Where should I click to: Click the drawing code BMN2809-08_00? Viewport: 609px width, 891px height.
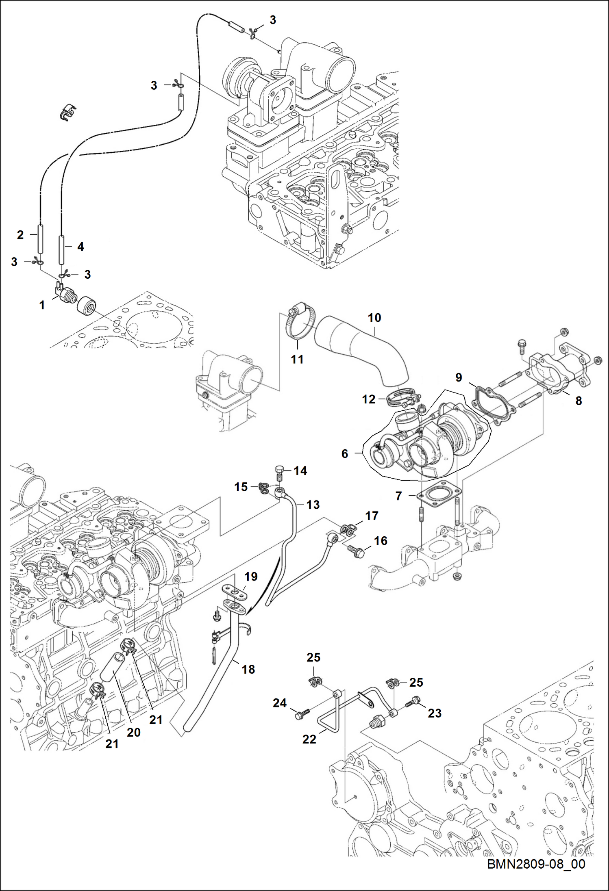pos(536,864)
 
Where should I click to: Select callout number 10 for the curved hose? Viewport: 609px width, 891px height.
pos(374,318)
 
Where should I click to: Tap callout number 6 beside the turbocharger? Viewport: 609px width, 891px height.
pos(345,453)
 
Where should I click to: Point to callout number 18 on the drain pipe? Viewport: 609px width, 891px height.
pos(248,669)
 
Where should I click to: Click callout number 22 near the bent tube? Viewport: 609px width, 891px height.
pos(309,739)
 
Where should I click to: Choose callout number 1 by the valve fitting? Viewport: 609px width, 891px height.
pos(42,305)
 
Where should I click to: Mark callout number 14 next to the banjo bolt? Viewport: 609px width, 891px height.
pos(300,471)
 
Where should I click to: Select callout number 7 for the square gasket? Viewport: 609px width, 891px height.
pos(398,496)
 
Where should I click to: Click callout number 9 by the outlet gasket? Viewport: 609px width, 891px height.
pos(459,377)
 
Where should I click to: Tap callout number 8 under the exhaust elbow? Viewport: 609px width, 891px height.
pos(579,401)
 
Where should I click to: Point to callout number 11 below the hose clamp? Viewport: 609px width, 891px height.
pos(297,359)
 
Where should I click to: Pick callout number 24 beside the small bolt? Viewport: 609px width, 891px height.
pos(280,703)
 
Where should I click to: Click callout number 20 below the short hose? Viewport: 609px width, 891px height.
pos(133,732)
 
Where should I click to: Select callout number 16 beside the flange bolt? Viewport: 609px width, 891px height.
pos(381,541)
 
